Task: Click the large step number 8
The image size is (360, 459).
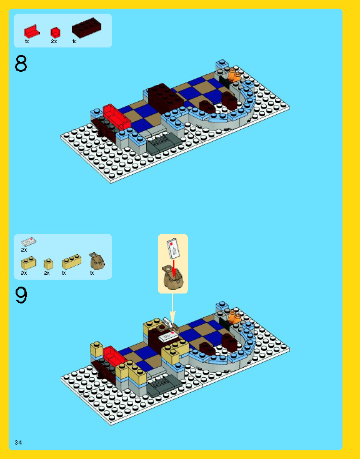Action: tap(21, 64)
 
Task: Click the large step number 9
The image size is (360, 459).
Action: tap(21, 295)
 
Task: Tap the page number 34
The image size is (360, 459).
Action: tap(18, 442)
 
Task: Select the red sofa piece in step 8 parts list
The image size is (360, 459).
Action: tap(31, 31)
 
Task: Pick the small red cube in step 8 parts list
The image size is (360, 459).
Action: tap(55, 31)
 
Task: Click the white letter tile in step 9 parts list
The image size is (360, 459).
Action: tap(29, 242)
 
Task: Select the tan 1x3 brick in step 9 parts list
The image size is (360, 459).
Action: tap(71, 261)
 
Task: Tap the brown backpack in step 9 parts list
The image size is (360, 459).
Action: tap(96, 260)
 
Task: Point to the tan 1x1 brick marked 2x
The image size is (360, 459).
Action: tap(48, 264)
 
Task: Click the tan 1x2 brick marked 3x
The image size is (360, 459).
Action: tap(28, 263)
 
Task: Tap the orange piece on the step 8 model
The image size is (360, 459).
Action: tap(234, 76)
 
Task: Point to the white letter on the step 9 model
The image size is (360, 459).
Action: tap(169, 337)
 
